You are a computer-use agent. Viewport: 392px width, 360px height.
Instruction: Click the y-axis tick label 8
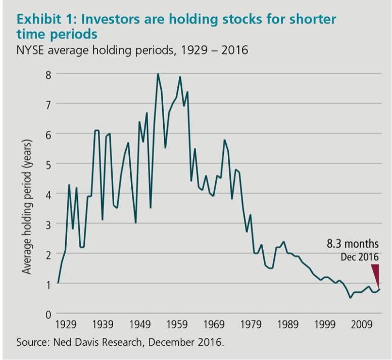(x=48, y=74)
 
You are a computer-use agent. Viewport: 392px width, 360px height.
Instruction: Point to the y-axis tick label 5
(x=48, y=164)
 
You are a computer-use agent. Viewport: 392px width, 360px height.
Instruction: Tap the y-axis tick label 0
(x=48, y=314)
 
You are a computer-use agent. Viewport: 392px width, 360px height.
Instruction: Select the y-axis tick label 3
(x=48, y=223)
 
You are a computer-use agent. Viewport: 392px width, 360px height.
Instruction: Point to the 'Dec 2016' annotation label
(x=359, y=257)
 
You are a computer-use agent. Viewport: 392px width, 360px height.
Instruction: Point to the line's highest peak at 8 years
(x=158, y=74)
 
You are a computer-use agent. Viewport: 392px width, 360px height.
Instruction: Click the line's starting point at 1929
(x=58, y=283)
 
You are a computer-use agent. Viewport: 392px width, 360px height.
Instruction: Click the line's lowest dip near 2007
(x=350, y=298)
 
